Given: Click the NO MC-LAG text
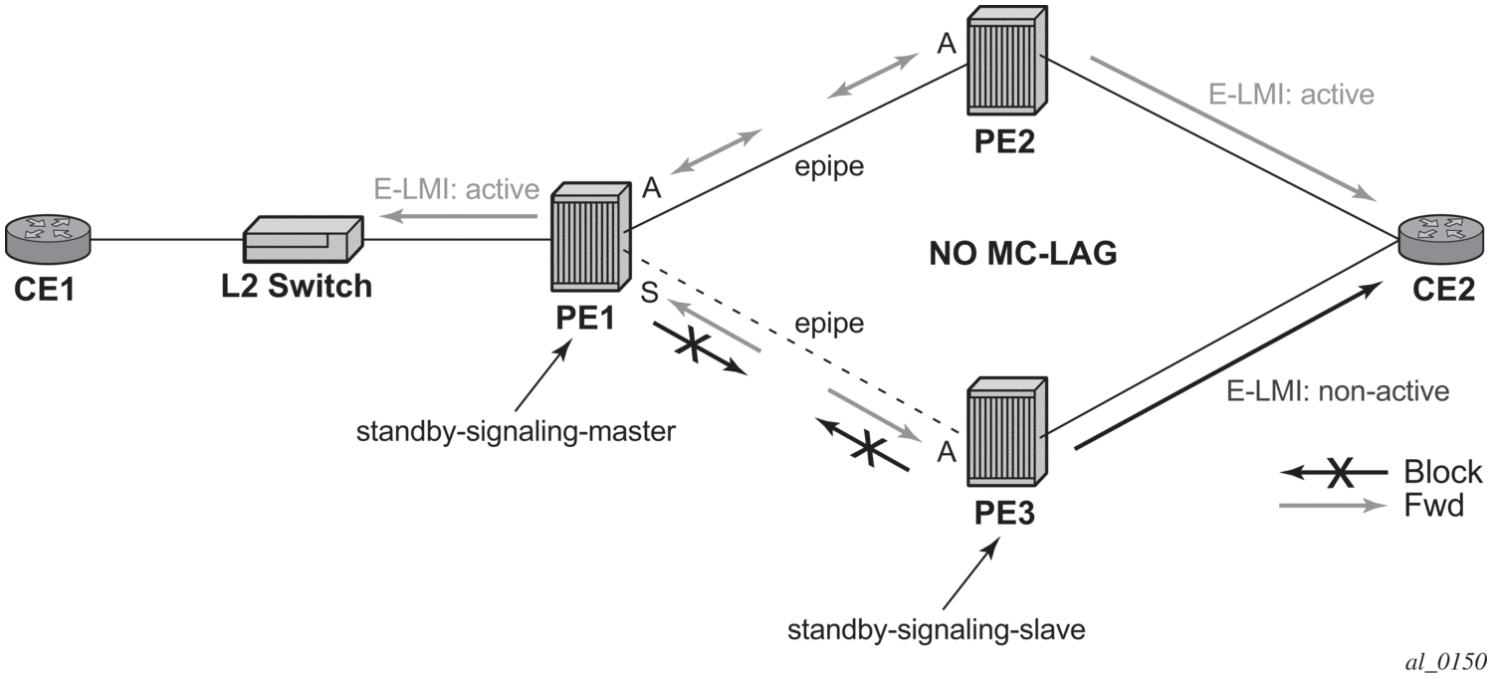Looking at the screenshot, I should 1022,255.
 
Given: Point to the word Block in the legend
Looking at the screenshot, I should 1442,471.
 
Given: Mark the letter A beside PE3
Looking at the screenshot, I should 948,454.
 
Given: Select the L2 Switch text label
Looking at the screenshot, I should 297,287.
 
